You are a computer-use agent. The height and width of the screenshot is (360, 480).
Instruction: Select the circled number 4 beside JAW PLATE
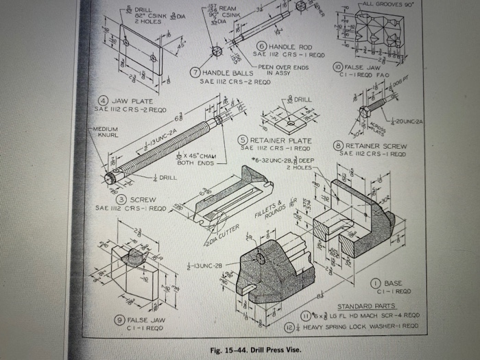(x=100, y=101)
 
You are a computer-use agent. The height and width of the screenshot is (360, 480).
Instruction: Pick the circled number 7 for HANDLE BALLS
(x=195, y=73)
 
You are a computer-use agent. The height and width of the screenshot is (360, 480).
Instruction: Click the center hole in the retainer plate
(x=291, y=123)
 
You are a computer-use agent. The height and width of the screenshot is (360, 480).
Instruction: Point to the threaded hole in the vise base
(x=261, y=257)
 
